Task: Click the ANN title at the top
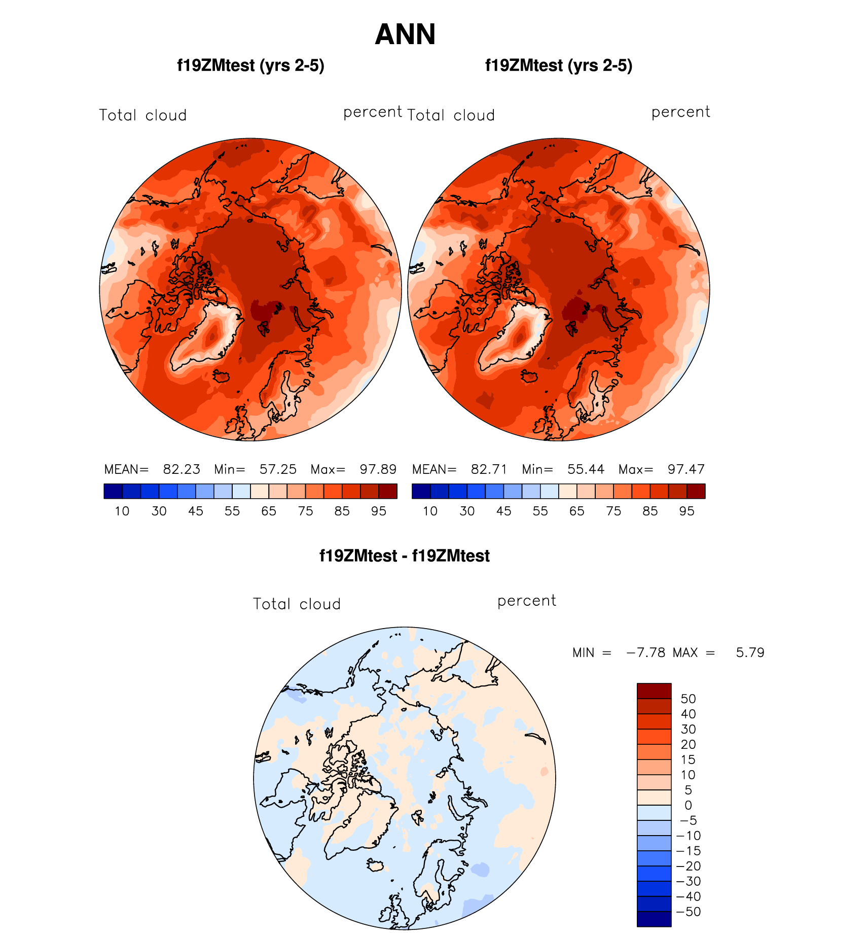pos(405,34)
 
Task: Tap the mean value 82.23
pos(182,469)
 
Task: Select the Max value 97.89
pos(378,469)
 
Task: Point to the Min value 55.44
pos(586,469)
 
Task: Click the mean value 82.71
pos(489,469)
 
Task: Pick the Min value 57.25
pos(278,469)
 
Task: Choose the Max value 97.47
pos(686,469)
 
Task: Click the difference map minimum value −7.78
pos(646,652)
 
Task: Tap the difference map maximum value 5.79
pos(750,652)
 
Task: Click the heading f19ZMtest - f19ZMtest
pos(405,556)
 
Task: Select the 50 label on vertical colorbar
pos(688,699)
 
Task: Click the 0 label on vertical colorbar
pos(688,805)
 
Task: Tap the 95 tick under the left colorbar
pos(379,511)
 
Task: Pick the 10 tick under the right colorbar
pos(430,511)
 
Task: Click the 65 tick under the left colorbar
pos(269,511)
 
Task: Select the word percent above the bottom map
pos(527,601)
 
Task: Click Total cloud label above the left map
pos(143,115)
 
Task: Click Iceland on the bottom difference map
pos(376,865)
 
